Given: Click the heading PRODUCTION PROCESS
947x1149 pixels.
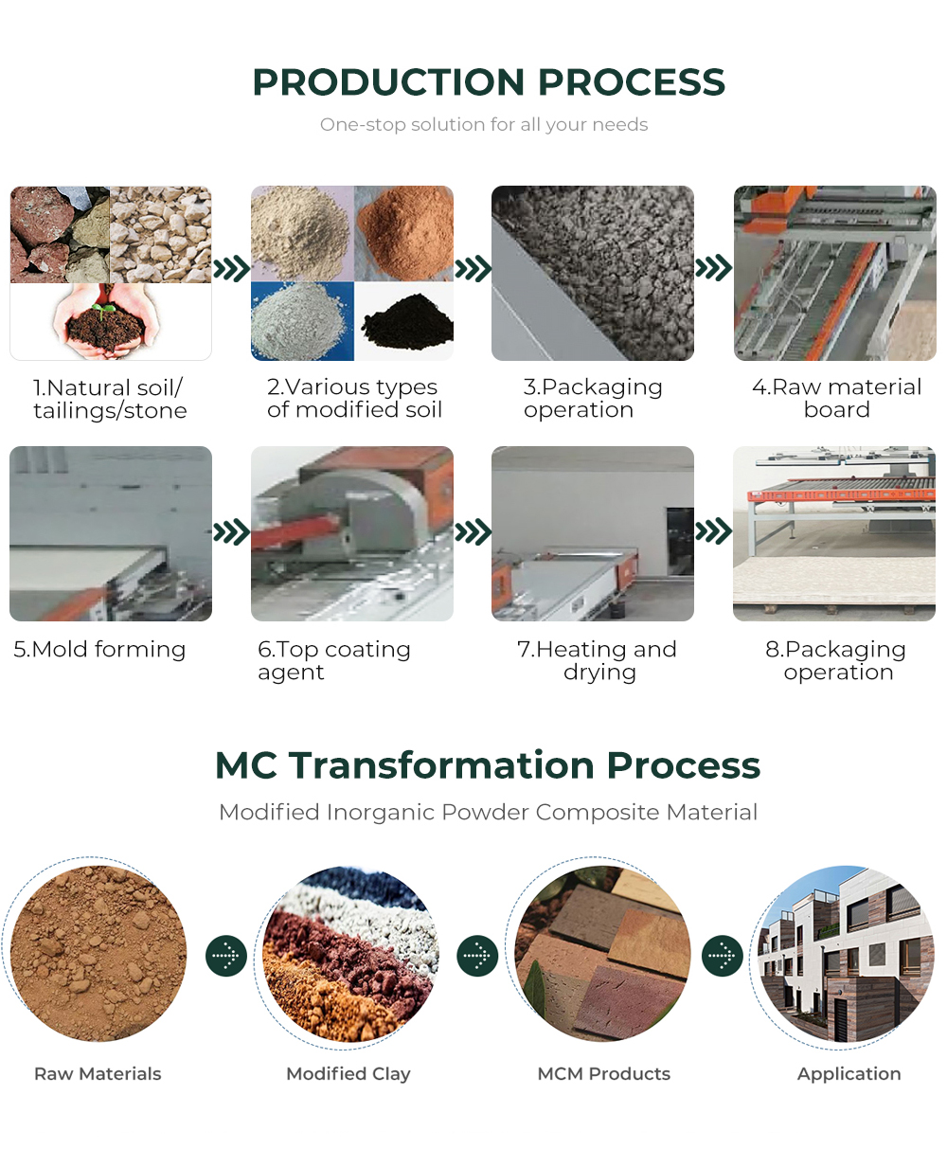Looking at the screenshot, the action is (489, 82).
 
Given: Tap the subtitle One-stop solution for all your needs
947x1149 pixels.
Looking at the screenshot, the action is (484, 125).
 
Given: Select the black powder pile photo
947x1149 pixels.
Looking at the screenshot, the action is (403, 321).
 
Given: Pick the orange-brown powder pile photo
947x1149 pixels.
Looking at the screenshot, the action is (403, 233).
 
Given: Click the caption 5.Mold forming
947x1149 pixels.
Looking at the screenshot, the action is (99, 650).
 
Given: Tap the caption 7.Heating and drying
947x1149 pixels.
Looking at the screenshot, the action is (597, 660).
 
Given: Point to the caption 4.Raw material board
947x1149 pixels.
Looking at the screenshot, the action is (836, 398).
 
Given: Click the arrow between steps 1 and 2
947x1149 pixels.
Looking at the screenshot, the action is (232, 268).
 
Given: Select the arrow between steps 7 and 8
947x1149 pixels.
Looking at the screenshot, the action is (714, 531).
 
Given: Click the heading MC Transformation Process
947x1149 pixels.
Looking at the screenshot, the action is (488, 765).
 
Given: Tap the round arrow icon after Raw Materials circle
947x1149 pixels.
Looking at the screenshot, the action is (226, 956).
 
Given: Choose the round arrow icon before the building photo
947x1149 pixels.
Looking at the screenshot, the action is (723, 956).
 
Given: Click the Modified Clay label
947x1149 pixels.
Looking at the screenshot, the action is (348, 1073).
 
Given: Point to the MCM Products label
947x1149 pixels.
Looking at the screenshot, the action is (603, 1073).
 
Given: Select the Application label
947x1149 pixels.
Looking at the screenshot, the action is (849, 1074).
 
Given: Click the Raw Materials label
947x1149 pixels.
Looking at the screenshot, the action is (98, 1073).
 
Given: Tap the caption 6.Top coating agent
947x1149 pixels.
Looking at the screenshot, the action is (334, 660).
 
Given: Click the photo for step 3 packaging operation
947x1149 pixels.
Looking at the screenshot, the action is (593, 273).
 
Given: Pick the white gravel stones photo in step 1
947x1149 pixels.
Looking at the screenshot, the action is (161, 234).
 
